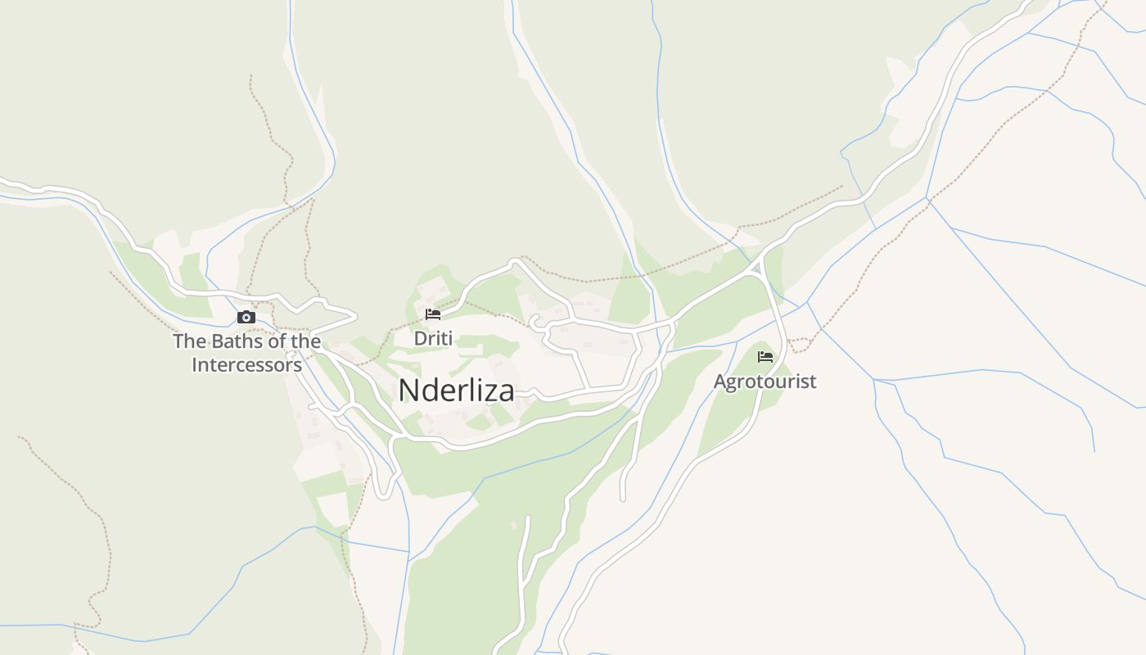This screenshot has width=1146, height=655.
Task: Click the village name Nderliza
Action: tap(456, 391)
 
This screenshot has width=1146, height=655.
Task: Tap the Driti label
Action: tap(433, 338)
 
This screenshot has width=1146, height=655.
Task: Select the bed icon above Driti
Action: tap(433, 314)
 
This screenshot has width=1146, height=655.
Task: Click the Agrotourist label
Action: tap(765, 382)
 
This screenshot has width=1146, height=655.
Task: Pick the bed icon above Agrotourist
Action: tap(765, 356)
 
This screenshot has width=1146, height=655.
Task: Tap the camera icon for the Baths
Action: tap(246, 317)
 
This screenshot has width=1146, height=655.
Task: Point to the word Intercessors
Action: tap(246, 365)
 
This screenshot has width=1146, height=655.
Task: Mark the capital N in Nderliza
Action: tap(408, 391)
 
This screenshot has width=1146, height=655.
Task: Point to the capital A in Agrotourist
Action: tap(720, 382)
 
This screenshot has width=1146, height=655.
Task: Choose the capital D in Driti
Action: tap(420, 338)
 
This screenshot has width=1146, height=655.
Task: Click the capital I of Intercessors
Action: tap(195, 365)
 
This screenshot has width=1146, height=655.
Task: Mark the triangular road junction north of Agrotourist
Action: tap(760, 266)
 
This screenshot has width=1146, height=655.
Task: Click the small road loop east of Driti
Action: tap(537, 322)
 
